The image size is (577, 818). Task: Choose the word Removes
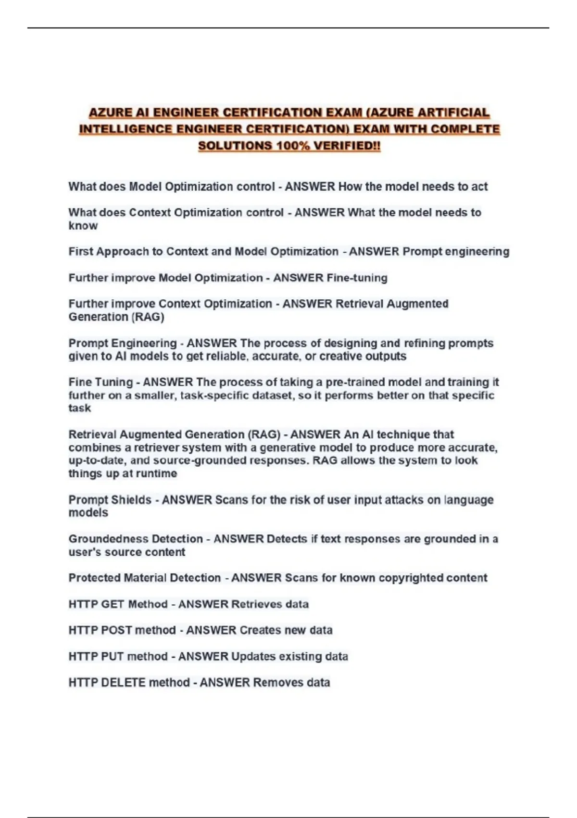(x=273, y=682)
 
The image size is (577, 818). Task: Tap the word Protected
(x=94, y=577)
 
